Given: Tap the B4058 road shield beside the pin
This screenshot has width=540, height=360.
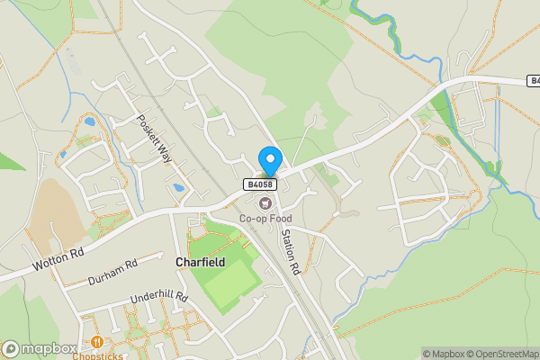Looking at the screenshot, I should pyautogui.click(x=260, y=184).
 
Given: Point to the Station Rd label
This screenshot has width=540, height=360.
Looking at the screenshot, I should pyautogui.click(x=290, y=251).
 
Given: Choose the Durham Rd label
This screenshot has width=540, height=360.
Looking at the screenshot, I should pyautogui.click(x=113, y=273).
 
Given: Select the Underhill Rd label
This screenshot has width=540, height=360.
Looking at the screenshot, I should pyautogui.click(x=157, y=298).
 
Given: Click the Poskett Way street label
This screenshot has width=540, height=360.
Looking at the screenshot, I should pyautogui.click(x=154, y=139).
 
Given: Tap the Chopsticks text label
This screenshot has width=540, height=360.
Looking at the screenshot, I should pyautogui.click(x=97, y=355).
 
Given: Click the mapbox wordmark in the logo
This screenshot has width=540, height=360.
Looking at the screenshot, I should pyautogui.click(x=49, y=349).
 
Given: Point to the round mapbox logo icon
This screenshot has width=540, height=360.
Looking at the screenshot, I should pyautogui.click(x=11, y=349).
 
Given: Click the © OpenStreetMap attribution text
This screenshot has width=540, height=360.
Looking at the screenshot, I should pyautogui.click(x=506, y=354).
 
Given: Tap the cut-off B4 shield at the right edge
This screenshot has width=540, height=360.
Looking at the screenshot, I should pyautogui.click(x=533, y=81).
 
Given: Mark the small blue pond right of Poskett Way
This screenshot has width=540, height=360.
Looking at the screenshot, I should pyautogui.click(x=178, y=189).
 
